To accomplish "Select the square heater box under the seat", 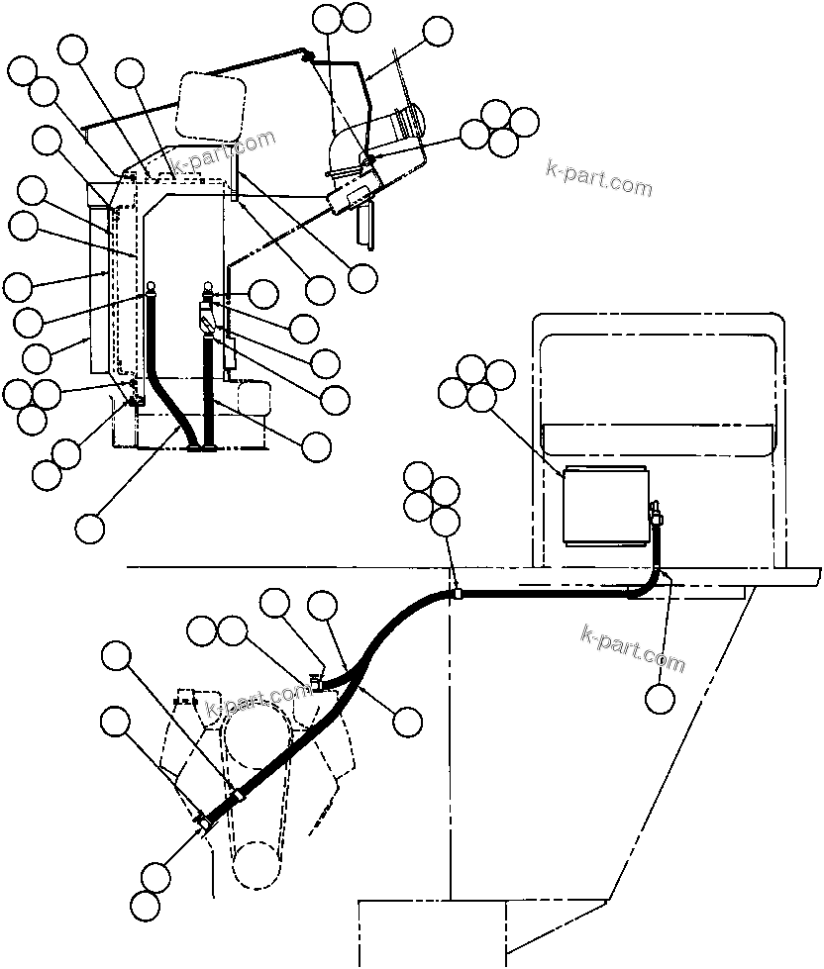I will tap(604, 506).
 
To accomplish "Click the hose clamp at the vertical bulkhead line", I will tap(457, 594).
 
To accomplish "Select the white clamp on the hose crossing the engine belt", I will tap(237, 796).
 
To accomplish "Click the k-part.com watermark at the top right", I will tap(599, 177).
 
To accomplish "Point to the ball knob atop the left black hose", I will tap(152, 289).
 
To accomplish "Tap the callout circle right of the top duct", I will tap(437, 32).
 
